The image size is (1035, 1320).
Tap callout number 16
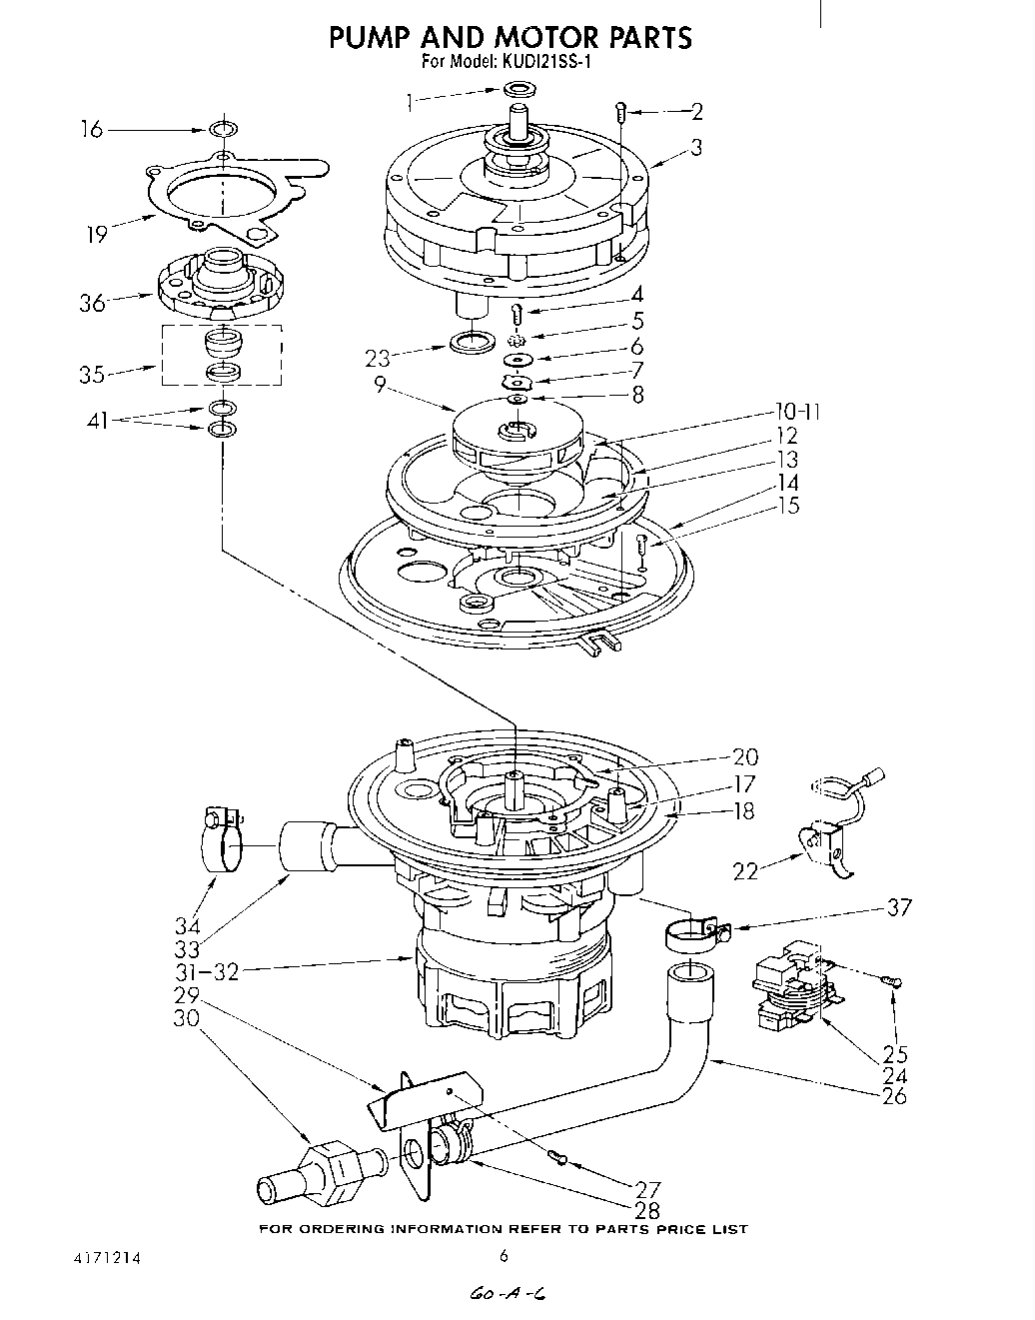coord(92,130)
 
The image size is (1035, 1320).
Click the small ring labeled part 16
coord(224,130)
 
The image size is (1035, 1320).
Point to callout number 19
coord(96,236)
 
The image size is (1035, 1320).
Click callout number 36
coord(93,303)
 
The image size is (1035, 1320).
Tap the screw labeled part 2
coord(620,112)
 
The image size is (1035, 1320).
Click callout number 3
coord(695,148)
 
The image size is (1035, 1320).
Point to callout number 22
coord(745,871)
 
